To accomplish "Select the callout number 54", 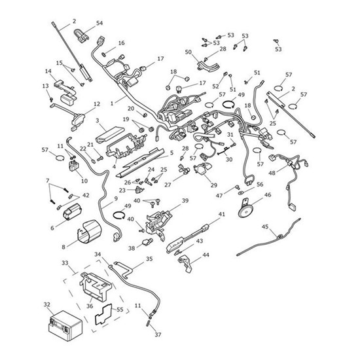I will coord(99,23).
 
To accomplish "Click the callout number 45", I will coord(265,226).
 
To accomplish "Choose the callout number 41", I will coord(221,214).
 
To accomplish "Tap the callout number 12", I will coord(96,103).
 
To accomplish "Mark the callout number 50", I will coord(188,52).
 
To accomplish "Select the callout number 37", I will coord(157,335).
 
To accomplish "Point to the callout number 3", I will coord(98,121).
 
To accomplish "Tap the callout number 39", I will coord(185,201).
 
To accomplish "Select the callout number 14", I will coord(48,71).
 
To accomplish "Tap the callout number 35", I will coord(149,259).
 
